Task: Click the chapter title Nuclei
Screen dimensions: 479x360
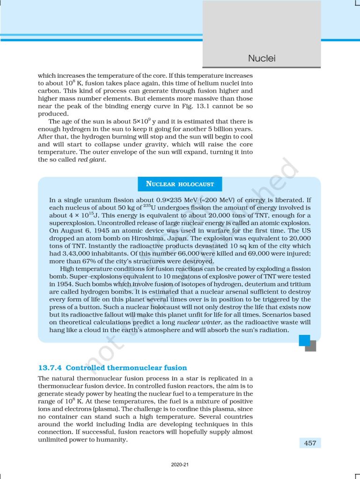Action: [x=261, y=58]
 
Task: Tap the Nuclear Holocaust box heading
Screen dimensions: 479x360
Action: [x=180, y=184]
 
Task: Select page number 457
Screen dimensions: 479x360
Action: [x=309, y=443]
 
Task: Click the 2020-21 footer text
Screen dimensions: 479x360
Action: [x=180, y=465]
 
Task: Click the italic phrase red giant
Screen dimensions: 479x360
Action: [x=92, y=160]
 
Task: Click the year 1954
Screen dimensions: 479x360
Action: [x=61, y=284]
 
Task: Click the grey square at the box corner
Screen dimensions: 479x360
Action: [x=310, y=346]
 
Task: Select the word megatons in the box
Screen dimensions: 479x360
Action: [x=191, y=276]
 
